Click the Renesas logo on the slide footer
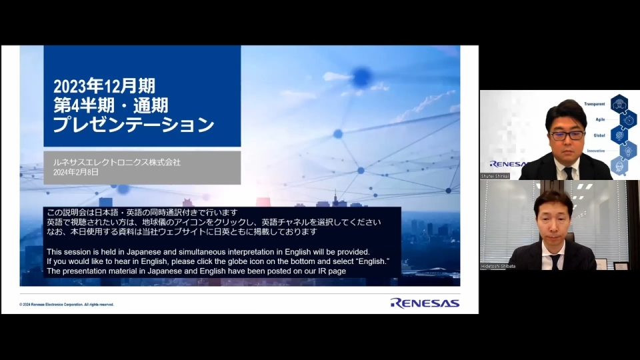[x=425, y=303]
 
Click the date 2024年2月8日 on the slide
[x=76, y=172]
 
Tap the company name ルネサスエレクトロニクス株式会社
[x=117, y=162]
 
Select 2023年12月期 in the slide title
[x=104, y=85]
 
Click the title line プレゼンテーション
[x=133, y=125]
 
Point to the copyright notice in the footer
[x=67, y=304]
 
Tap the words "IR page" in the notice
[x=330, y=271]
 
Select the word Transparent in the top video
[x=594, y=104]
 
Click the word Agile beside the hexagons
[x=600, y=119]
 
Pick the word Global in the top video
[x=599, y=135]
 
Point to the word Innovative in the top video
[x=595, y=151]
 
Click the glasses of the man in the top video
[x=566, y=135]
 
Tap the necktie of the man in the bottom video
[x=555, y=261]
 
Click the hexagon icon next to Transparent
[x=619, y=104]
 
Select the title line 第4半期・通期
[x=111, y=105]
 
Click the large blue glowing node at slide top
[x=361, y=77]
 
